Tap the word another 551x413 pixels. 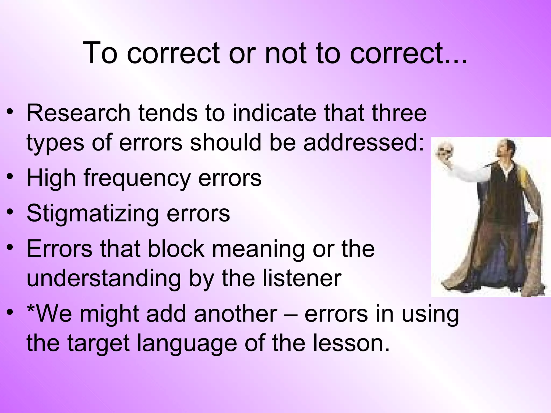(x=235, y=314)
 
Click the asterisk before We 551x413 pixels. (x=31, y=309)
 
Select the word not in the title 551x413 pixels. (x=285, y=53)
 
